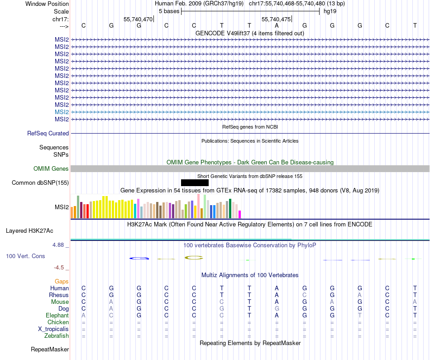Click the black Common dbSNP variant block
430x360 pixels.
(195, 182)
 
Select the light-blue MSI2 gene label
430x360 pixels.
(62, 112)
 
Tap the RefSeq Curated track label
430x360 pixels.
(48, 134)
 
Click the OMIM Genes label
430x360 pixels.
(51, 169)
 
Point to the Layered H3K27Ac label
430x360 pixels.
(29, 231)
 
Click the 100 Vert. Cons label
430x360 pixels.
(25, 256)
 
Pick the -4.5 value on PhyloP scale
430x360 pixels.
(61, 268)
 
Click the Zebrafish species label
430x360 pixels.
(57, 336)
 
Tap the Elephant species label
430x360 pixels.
(57, 316)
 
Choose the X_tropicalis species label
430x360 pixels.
(53, 329)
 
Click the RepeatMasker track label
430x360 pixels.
(50, 350)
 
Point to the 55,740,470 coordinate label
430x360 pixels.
(138, 19)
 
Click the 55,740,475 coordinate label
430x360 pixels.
(276, 19)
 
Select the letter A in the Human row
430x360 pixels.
(277, 288)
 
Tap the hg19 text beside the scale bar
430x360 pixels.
(329, 11)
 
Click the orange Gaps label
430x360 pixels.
(62, 282)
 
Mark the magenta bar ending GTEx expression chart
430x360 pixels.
(240, 214)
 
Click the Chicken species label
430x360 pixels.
(58, 322)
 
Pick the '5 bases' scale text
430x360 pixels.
(169, 11)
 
